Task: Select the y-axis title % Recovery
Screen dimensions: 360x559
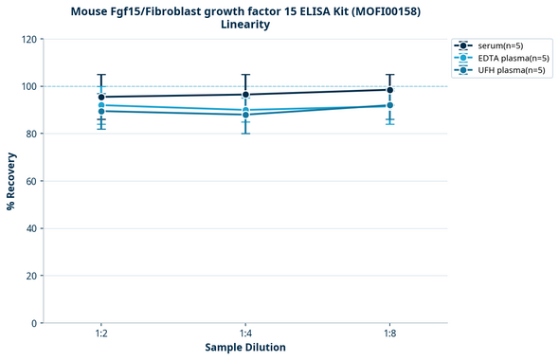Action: pyautogui.click(x=11, y=181)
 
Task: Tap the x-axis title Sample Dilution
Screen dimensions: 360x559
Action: pyautogui.click(x=245, y=347)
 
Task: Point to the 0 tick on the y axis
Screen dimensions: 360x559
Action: pyautogui.click(x=34, y=323)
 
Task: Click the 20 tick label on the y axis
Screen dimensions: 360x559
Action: pyautogui.click(x=31, y=276)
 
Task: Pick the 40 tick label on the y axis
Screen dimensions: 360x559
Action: pyautogui.click(x=31, y=228)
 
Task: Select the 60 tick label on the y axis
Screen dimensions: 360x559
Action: pyautogui.click(x=31, y=181)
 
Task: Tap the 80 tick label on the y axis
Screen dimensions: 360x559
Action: pyautogui.click(x=31, y=134)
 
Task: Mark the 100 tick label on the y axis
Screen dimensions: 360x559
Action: pyautogui.click(x=28, y=86)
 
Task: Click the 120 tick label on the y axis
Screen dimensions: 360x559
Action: pyautogui.click(x=28, y=39)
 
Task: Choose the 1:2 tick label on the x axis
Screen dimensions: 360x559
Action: pyautogui.click(x=101, y=333)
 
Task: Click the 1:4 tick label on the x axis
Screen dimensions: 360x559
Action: pyautogui.click(x=245, y=333)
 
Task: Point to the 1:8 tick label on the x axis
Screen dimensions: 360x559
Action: pyautogui.click(x=389, y=333)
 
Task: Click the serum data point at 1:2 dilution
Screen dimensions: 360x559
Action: pyautogui.click(x=101, y=97)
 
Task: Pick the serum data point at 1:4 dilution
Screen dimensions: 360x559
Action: pyautogui.click(x=245, y=95)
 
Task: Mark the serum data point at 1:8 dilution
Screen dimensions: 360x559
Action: pyautogui.click(x=389, y=90)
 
